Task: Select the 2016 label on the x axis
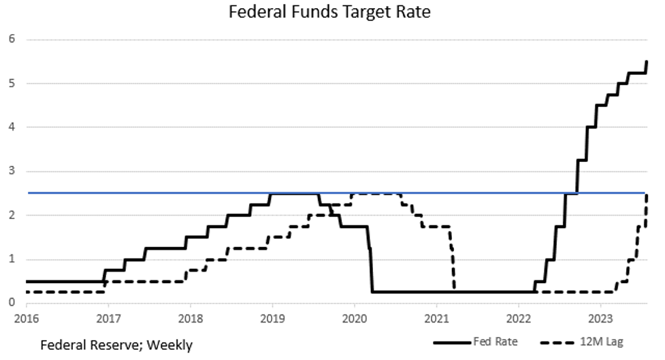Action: point(26,318)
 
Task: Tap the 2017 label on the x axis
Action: point(108,318)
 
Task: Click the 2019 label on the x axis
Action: point(272,318)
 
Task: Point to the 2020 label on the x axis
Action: point(354,318)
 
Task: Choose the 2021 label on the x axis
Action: point(436,318)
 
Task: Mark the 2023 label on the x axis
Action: point(600,318)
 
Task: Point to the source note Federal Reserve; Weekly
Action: point(116,345)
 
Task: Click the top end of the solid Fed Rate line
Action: point(646,61)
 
